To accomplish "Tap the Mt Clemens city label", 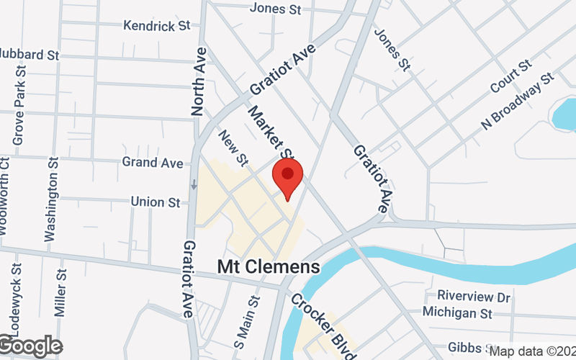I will pyautogui.click(x=269, y=267).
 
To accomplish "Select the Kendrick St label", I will pyautogui.click(x=156, y=25).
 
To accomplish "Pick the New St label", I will pyautogui.click(x=233, y=146).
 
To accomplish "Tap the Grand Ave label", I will pyautogui.click(x=153, y=163).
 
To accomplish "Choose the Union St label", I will pyautogui.click(x=156, y=202).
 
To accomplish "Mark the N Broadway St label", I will pyautogui.click(x=519, y=100).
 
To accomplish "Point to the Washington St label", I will pyautogui.click(x=50, y=197).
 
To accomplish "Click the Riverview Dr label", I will pyautogui.click(x=474, y=297).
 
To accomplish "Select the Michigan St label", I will pyautogui.click(x=457, y=313).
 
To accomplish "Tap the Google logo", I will pyautogui.click(x=30, y=346).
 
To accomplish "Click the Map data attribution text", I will pyautogui.click(x=531, y=351).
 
